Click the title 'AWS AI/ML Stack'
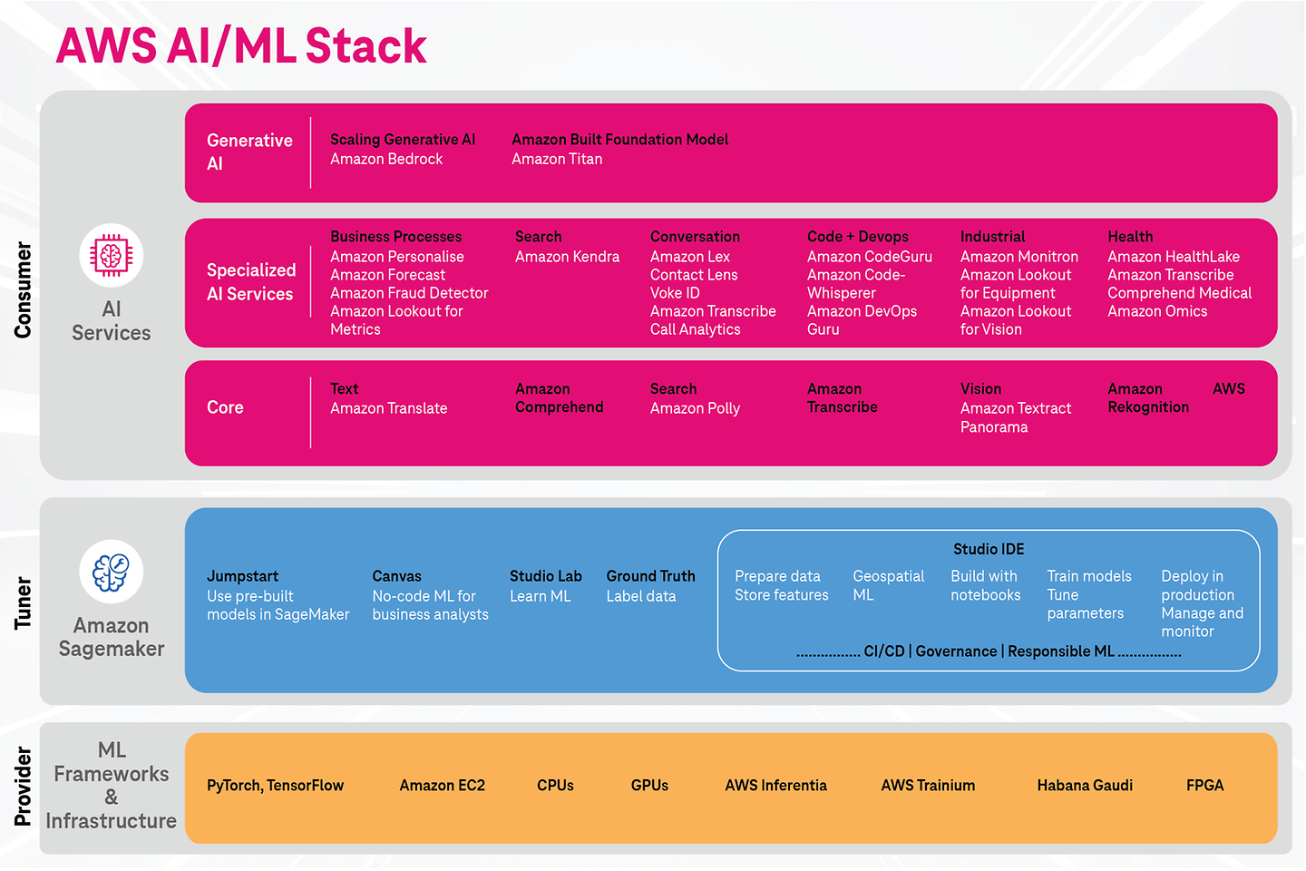241,46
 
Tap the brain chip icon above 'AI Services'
112,256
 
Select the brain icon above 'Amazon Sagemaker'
112,573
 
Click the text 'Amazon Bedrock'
386,159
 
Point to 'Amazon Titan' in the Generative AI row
557,159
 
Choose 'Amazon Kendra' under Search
567,257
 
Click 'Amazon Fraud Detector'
409,293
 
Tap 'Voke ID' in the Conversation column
675,293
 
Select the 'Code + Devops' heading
857,237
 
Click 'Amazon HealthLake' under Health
1173,257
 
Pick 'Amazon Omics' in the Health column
1157,311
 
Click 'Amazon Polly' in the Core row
695,408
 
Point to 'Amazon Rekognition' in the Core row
1147,398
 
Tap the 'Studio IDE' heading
988,549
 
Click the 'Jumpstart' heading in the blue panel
242,576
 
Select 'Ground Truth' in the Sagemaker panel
650,576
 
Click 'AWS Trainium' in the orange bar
928,786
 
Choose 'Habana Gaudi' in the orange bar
1085,786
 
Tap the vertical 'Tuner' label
23,603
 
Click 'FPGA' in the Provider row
1204,786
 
